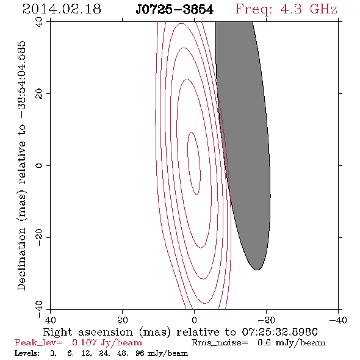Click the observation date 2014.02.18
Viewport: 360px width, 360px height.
[62, 9]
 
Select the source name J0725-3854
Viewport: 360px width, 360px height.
[175, 10]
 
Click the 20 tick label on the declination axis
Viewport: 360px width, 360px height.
[39, 94]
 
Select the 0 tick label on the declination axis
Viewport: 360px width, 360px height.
[39, 165]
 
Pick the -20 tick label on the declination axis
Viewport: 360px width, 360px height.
[39, 237]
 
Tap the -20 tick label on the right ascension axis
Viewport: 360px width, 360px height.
[266, 320]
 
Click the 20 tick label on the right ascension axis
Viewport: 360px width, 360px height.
[122, 320]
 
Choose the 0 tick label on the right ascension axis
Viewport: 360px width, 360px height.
[194, 320]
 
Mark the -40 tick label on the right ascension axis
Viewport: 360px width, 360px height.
[338, 320]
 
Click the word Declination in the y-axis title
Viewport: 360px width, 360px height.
[21, 259]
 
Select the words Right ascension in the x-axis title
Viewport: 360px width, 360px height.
[88, 332]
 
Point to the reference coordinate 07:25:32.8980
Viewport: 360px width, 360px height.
[279, 332]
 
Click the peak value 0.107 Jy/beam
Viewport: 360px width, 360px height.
[107, 343]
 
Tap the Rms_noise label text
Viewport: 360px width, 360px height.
[220, 343]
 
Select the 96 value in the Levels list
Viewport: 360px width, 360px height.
[140, 353]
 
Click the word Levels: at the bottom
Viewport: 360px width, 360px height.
[27, 353]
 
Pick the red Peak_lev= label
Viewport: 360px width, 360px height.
[38, 343]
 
